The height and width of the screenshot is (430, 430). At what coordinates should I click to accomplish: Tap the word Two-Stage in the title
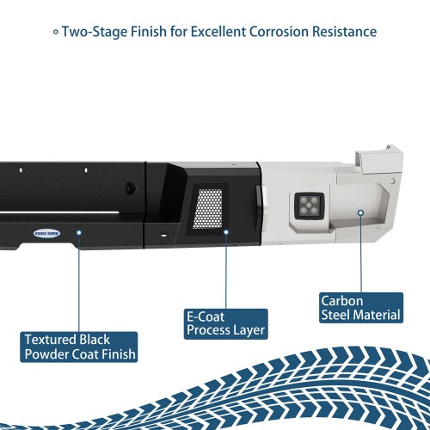click(x=95, y=32)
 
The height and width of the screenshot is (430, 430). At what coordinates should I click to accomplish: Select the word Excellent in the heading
click(x=218, y=32)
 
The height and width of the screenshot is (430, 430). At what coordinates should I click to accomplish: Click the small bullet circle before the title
click(x=56, y=32)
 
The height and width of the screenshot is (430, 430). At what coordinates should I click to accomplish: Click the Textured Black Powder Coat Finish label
click(x=79, y=347)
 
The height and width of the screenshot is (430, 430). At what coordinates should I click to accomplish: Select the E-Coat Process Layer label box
click(x=226, y=324)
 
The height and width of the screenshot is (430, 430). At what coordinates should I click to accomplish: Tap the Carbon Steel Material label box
click(x=361, y=308)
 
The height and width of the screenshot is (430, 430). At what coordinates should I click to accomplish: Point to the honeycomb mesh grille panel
click(x=208, y=209)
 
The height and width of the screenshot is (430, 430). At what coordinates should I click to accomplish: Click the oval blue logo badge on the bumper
click(x=46, y=233)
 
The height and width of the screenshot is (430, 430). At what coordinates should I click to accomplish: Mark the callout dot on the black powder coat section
click(x=79, y=232)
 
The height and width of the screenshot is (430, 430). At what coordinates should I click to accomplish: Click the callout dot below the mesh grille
click(x=226, y=232)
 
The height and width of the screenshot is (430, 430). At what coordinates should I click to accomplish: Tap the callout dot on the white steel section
click(x=361, y=212)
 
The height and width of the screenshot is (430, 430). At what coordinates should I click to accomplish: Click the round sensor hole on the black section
click(x=130, y=188)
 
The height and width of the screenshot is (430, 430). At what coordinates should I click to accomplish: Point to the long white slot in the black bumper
click(x=59, y=213)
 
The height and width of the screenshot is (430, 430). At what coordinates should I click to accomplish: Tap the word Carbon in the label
click(x=342, y=301)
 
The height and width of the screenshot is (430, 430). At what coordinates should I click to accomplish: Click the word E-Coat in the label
click(x=206, y=317)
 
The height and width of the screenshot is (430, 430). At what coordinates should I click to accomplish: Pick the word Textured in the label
click(x=51, y=340)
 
